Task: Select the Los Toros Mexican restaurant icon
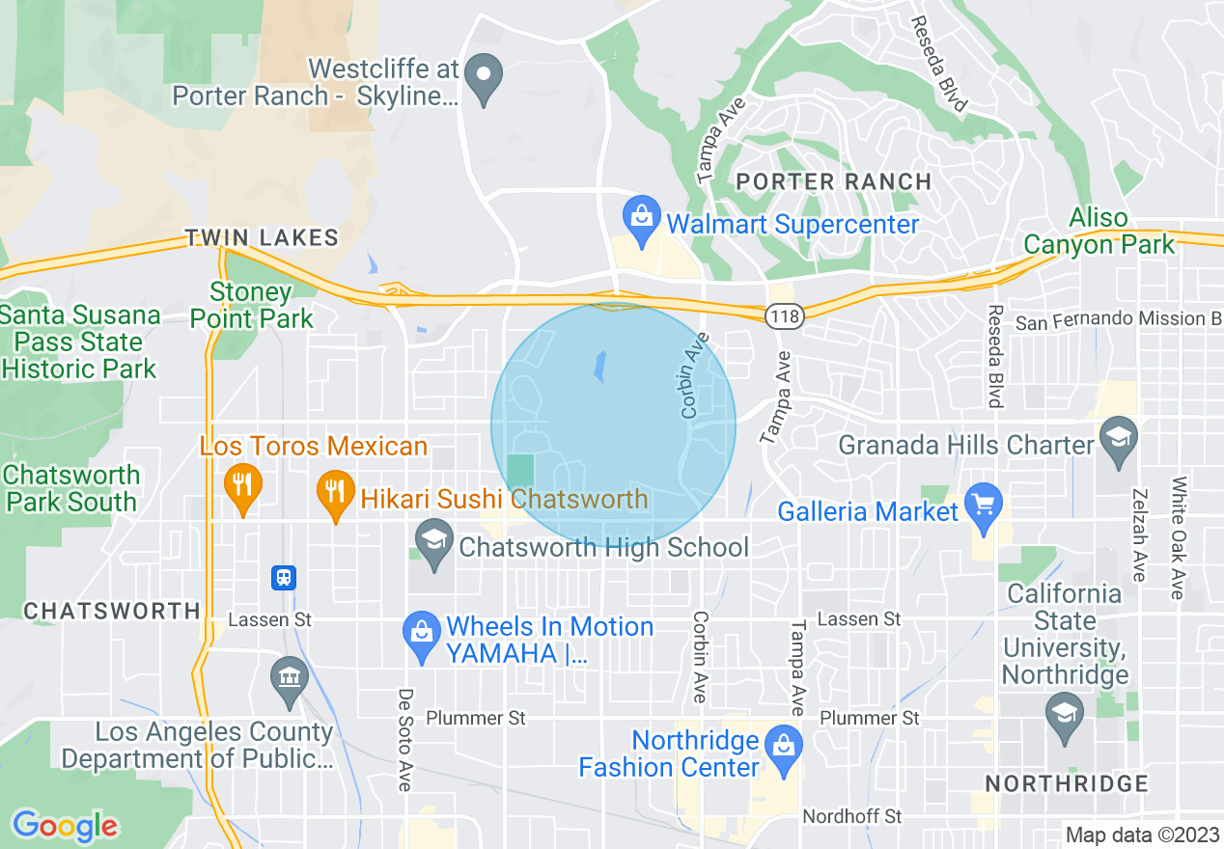[242, 486]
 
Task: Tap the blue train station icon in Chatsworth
[284, 577]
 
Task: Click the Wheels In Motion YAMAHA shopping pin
[421, 635]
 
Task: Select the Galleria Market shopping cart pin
[984, 507]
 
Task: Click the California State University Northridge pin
[1064, 716]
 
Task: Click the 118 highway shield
[780, 315]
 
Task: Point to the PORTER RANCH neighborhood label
[834, 181]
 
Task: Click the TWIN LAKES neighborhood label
[262, 237]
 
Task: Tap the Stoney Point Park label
[251, 305]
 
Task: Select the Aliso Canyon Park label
[1099, 232]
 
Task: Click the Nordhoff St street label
[851, 816]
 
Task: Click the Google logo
[66, 825]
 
